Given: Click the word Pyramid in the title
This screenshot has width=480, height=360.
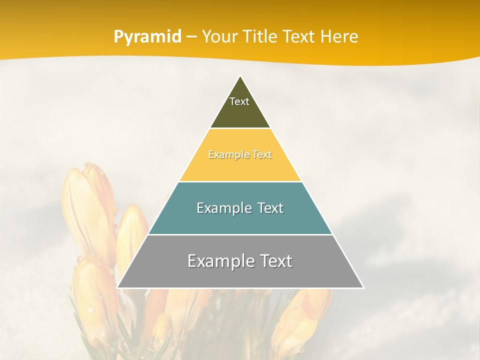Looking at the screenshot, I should tap(147, 37).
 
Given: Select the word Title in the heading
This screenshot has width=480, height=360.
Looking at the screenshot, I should tap(260, 36).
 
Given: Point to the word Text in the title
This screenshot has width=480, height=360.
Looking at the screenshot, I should tap(300, 36).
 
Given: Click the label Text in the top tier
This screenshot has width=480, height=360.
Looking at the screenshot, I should tap(239, 101).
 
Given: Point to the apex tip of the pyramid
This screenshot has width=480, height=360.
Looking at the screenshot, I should tap(240, 76).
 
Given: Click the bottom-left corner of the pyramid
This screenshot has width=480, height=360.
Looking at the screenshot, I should tap(118, 287).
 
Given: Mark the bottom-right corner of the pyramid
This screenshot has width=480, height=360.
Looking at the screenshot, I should tap(362, 287).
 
